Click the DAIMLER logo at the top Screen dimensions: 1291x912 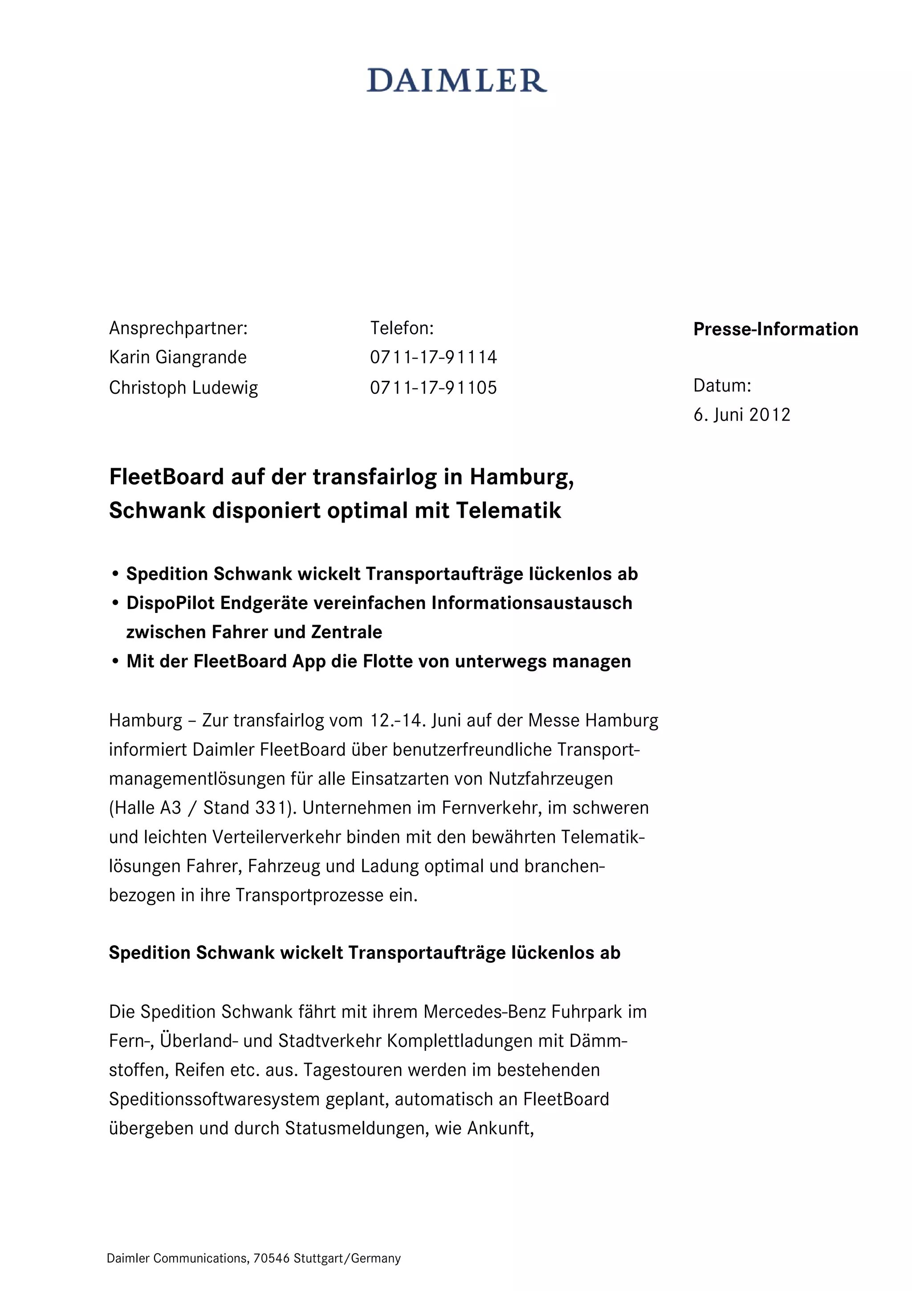pos(456,81)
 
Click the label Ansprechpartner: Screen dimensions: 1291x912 pos(178,328)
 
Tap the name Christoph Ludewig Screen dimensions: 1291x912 pos(183,388)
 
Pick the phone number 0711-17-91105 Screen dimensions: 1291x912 pos(433,388)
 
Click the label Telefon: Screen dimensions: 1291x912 pos(402,328)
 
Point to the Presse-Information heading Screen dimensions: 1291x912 pos(775,329)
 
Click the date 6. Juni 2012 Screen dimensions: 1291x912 pos(742,415)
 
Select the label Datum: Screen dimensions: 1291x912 pos(722,386)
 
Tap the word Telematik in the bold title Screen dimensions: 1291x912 pos(508,511)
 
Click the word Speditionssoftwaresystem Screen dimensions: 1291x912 pos(214,1099)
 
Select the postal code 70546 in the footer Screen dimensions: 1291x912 pos(271,1258)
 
